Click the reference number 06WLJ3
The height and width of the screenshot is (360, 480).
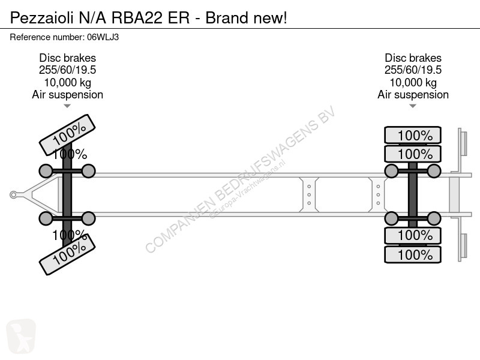(103, 37)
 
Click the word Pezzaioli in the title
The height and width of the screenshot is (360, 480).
(41, 18)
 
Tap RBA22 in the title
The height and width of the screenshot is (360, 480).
(137, 18)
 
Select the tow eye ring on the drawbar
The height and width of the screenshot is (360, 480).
(13, 194)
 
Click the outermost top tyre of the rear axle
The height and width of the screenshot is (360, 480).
(413, 135)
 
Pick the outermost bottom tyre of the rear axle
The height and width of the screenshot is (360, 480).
(413, 254)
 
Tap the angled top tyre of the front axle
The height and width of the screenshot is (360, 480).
(67, 134)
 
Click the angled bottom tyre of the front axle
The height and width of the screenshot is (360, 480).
(67, 254)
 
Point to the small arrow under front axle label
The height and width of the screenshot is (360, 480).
(67, 106)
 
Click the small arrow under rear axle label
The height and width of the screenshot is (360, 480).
(413, 106)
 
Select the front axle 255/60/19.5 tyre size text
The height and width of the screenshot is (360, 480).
(67, 70)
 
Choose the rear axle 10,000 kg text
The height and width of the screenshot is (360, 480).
(413, 83)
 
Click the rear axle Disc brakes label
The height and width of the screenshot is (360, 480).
(413, 58)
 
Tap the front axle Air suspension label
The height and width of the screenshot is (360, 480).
(67, 95)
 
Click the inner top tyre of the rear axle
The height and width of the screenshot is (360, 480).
(413, 154)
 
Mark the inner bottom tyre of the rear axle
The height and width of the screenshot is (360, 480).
(413, 235)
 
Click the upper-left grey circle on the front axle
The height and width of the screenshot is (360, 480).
(46, 171)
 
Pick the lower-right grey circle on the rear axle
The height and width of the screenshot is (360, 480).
(434, 218)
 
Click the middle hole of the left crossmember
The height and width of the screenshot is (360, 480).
(309, 194)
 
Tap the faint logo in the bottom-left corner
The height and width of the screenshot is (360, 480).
(21, 336)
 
